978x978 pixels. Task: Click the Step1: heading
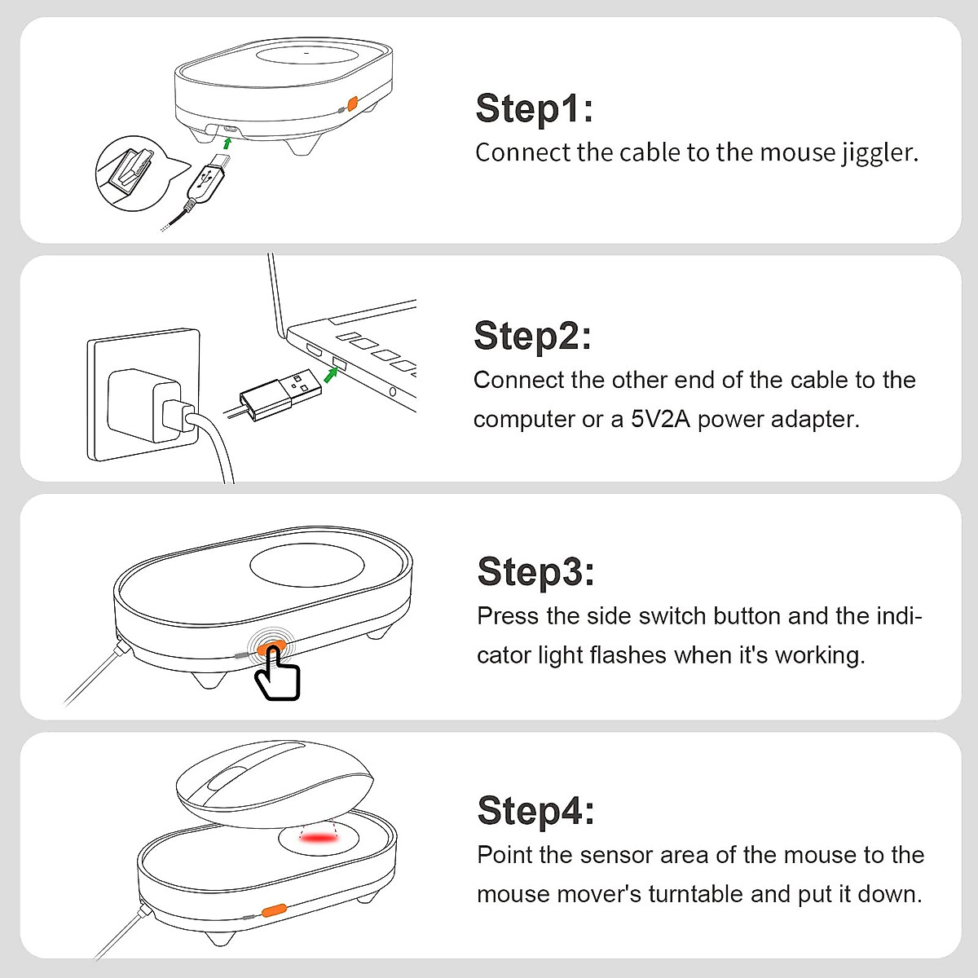pos(534,108)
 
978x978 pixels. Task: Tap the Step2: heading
pos(532,336)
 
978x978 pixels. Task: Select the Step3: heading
pos(536,571)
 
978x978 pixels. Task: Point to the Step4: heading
pos(536,810)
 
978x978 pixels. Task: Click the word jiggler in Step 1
pos(880,153)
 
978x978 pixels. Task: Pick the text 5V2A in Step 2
pos(660,419)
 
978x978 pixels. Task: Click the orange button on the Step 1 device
pos(352,104)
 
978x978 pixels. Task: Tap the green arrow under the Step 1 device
pos(227,143)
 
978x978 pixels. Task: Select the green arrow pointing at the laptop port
pos(330,376)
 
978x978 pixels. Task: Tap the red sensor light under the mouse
pos(318,838)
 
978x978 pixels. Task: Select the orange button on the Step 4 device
pos(274,910)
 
